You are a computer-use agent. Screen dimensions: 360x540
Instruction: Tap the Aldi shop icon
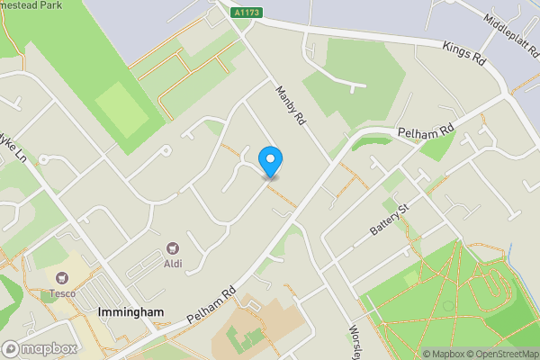pos(173,247)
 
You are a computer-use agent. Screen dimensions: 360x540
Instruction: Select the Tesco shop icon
pos(62,278)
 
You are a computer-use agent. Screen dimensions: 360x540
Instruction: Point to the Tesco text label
pos(62,292)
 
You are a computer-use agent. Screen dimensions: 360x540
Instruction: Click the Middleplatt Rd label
pos(508,33)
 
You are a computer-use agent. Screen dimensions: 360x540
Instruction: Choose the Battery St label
pos(390,220)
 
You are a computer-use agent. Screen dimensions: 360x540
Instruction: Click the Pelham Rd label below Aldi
pos(212,305)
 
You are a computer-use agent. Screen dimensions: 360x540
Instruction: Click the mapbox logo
pos(40,348)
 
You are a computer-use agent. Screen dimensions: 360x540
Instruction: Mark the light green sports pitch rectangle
pos(121,109)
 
